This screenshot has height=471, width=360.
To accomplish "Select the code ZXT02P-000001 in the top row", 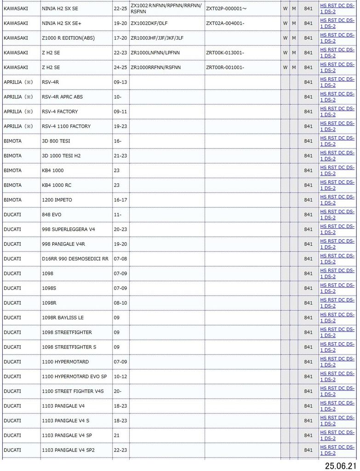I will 226,8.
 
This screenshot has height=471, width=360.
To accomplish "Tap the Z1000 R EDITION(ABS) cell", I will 68,38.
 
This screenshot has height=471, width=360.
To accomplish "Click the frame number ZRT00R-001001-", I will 225,67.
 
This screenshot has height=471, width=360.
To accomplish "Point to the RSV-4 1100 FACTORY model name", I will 66,126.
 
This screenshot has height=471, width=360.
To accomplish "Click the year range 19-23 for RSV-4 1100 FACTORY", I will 120,126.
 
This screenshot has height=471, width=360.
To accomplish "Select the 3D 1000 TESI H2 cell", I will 61,155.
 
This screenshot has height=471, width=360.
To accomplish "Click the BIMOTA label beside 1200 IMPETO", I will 12,200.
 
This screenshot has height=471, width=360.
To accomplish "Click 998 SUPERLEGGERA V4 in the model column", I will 69,229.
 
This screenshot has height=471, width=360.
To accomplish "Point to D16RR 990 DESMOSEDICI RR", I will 75,258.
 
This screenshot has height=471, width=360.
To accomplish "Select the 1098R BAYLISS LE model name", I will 63,317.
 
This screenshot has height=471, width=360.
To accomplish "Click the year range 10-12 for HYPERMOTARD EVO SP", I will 120,376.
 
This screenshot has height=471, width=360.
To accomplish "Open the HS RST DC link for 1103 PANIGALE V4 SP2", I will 337,450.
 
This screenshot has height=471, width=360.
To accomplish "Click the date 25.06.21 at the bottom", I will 340,465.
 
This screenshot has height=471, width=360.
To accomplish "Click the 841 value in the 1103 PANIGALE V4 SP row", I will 308,435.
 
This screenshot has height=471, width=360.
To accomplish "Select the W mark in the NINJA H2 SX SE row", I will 285,8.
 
